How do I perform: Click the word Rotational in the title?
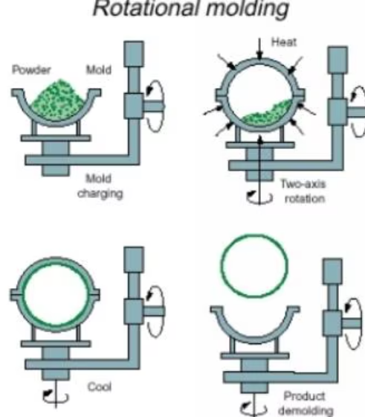[146, 8]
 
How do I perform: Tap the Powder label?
[31, 70]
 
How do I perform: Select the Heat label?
[283, 42]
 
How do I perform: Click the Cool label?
[100, 386]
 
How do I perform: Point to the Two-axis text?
[303, 184]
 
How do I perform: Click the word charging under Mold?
[100, 194]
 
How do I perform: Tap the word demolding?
[306, 410]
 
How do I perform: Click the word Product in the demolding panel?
[304, 396]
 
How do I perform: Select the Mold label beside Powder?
[98, 70]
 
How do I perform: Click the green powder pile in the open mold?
[57, 101]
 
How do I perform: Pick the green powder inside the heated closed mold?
[267, 114]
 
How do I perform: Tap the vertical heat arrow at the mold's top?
[259, 48]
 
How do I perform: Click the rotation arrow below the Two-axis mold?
[259, 197]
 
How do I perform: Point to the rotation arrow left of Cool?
[55, 397]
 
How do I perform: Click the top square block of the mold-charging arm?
[134, 54]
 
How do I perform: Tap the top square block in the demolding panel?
[332, 271]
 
